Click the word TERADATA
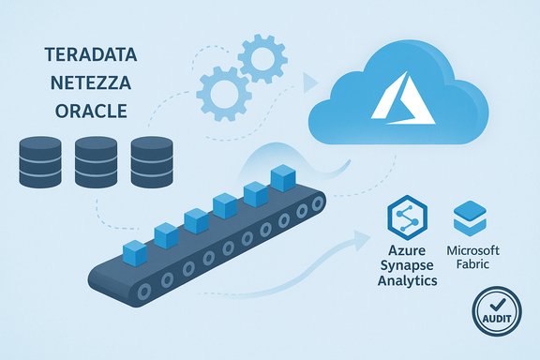[x=91, y=55]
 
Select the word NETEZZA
[x=91, y=82]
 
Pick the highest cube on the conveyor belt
[x=281, y=177]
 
